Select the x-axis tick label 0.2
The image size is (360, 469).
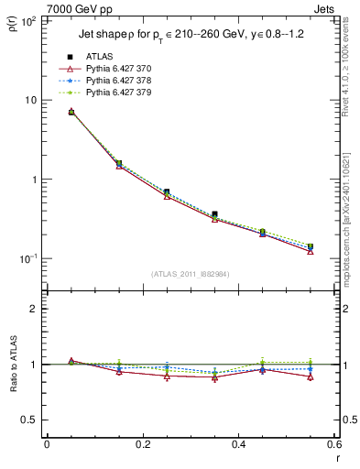(x=142, y=445)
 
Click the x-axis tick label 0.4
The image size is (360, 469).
(x=238, y=445)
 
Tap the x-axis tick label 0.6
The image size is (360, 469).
(x=333, y=445)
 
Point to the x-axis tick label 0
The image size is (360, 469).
(x=47, y=445)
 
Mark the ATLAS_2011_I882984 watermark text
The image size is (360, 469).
(x=190, y=273)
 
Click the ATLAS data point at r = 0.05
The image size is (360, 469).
(x=71, y=112)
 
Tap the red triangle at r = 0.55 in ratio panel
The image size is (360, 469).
(x=311, y=376)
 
